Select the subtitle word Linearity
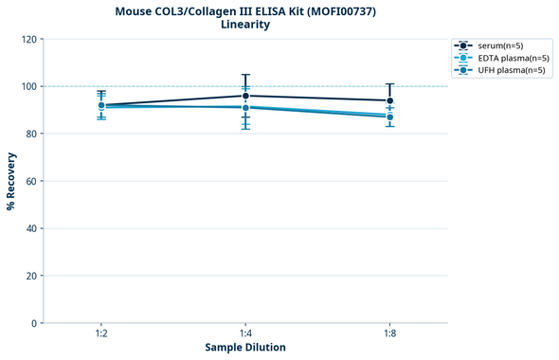pos(244,25)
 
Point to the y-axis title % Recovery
pos(11,180)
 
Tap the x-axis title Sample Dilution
pos(245,348)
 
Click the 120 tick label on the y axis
pos(28,39)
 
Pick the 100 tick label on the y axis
pos(28,86)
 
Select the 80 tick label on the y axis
pos(31,134)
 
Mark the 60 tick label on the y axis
pos(31,181)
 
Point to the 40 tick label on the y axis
pos(31,228)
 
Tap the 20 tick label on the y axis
pos(31,276)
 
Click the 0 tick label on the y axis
pos(34,323)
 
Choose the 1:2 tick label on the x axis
pos(101,333)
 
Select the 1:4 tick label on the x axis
pos(245,333)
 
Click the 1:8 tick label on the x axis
pos(389,333)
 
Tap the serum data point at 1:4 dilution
pos(245,96)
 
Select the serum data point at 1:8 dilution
pos(389,100)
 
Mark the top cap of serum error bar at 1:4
pos(245,75)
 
